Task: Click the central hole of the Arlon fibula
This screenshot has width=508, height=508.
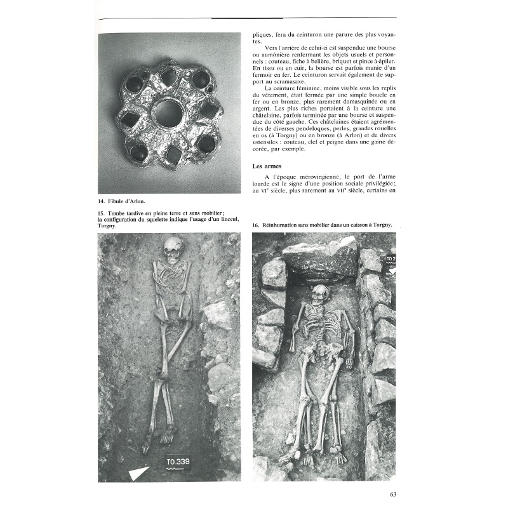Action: pyautogui.click(x=167, y=113)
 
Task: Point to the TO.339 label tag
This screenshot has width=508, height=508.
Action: pyautogui.click(x=177, y=462)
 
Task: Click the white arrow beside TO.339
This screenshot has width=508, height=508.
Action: pyautogui.click(x=139, y=472)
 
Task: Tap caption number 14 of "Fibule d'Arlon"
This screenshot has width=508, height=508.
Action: pyautogui.click(x=102, y=200)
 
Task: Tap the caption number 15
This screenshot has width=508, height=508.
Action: pyautogui.click(x=102, y=213)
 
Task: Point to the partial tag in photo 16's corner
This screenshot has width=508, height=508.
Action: pyautogui.click(x=390, y=259)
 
